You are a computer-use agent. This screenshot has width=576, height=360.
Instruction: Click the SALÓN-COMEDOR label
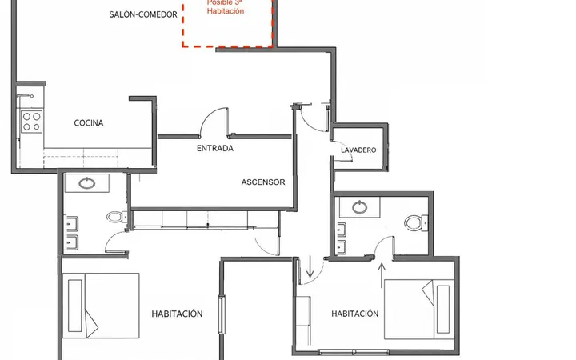click(x=143, y=14)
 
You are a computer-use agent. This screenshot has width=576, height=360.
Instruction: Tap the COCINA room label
click(x=89, y=122)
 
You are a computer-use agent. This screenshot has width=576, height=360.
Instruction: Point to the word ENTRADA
click(x=215, y=148)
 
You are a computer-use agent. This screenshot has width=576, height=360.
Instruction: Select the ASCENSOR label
click(x=263, y=182)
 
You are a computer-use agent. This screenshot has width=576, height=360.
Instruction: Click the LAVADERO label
click(x=358, y=150)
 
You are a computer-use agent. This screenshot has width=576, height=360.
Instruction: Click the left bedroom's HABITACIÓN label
click(x=177, y=314)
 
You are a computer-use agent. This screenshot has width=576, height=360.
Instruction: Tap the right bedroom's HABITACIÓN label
click(x=355, y=314)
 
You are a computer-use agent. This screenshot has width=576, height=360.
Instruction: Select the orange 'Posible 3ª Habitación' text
click(x=225, y=6)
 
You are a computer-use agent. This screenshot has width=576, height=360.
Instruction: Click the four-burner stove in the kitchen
click(x=31, y=122)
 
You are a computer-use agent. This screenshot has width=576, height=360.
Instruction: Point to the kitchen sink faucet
click(x=25, y=96)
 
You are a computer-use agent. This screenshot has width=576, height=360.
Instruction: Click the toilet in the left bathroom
click(x=117, y=217)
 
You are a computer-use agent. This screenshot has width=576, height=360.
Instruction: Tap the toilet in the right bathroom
click(x=416, y=222)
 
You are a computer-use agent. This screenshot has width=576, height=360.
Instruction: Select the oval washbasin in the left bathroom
click(x=87, y=182)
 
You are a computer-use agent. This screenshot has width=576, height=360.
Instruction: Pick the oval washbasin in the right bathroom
click(x=360, y=207)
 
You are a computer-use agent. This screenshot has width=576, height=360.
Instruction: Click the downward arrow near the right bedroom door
click(x=310, y=266)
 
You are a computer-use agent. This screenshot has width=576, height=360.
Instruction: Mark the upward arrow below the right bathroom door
click(x=382, y=275)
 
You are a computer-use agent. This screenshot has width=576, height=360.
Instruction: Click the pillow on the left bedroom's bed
click(x=75, y=306)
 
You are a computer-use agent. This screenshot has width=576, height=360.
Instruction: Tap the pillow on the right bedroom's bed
click(x=443, y=309)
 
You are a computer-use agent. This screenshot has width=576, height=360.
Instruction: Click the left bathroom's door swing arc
click(x=110, y=239)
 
